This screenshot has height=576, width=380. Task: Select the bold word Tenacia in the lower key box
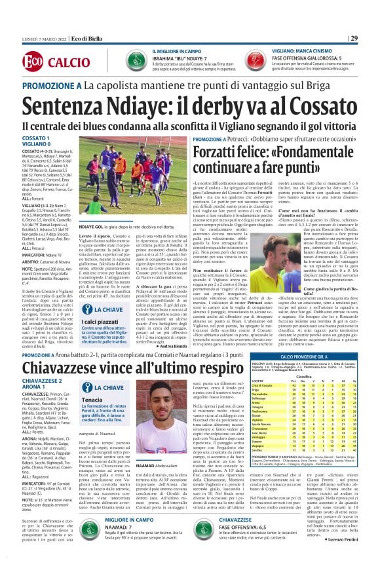(92, 419)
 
